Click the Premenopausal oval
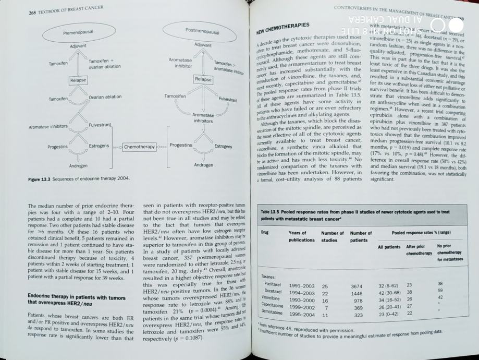click(78, 32)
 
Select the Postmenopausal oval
click(202, 31)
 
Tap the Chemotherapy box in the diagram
click(140, 147)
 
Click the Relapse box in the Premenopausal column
click(78, 80)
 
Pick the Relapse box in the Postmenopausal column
click(202, 79)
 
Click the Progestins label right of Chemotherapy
click(181, 146)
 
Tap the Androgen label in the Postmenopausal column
click(203, 165)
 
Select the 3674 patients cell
click(357, 286)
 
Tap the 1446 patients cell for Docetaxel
click(357, 293)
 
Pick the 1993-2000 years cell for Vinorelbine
click(301, 301)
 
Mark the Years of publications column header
click(301, 236)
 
